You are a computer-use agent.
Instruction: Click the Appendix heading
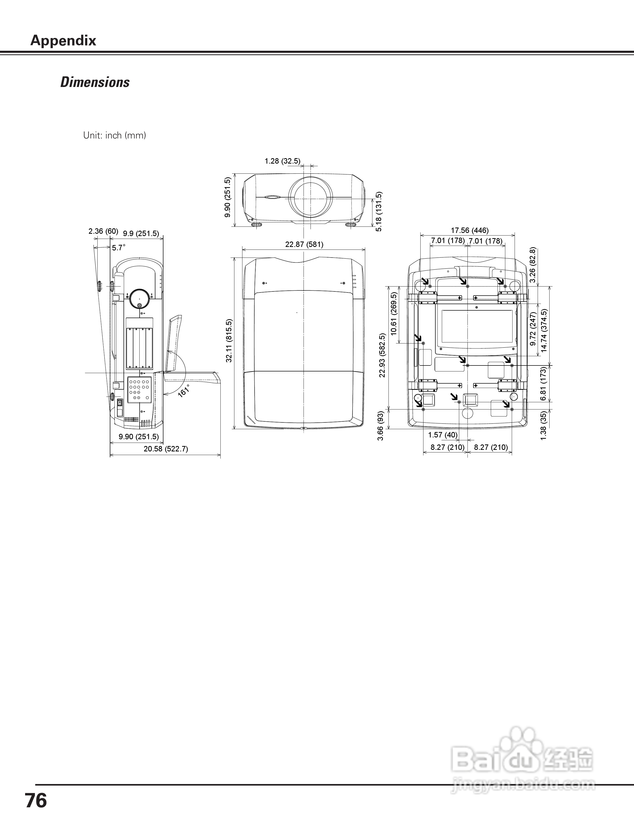[x=63, y=40]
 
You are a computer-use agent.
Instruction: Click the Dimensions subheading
[x=95, y=82]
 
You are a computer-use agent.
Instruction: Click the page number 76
[x=36, y=800]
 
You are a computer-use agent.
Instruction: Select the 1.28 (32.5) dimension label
[x=283, y=161]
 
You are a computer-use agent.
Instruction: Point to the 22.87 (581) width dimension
[x=304, y=244]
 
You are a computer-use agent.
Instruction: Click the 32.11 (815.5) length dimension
[x=229, y=341]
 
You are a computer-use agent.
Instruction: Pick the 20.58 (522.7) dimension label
[x=166, y=449]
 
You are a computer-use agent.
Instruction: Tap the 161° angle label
[x=184, y=391]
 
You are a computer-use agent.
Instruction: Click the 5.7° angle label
[x=119, y=248]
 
